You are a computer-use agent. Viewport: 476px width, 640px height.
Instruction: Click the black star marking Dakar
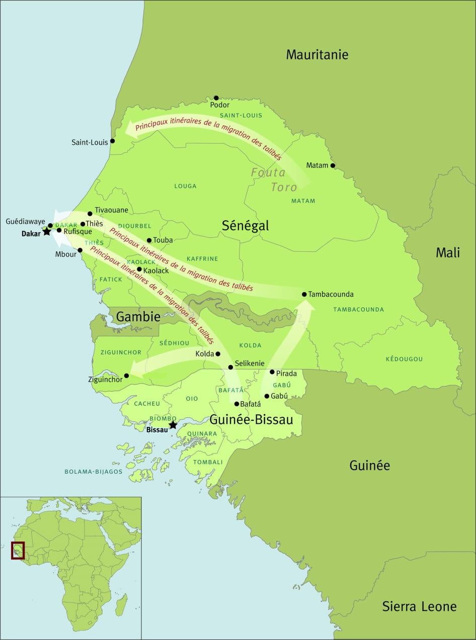click(x=47, y=231)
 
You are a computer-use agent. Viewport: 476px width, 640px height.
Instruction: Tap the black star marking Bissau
click(x=173, y=425)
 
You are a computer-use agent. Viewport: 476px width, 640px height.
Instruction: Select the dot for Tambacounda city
click(x=304, y=294)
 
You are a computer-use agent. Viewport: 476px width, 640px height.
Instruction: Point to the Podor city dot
click(x=216, y=98)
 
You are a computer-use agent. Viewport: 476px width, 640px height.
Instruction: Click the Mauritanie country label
click(x=317, y=54)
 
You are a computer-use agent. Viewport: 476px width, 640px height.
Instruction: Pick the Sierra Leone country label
click(x=419, y=606)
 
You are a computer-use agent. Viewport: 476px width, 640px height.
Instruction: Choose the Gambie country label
click(x=138, y=317)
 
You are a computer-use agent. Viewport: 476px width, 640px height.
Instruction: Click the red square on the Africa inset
click(x=18, y=550)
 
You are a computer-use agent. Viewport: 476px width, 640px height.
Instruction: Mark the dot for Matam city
click(x=332, y=165)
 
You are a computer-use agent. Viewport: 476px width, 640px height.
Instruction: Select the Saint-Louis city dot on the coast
click(x=112, y=141)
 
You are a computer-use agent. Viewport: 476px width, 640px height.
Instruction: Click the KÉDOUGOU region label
click(x=404, y=359)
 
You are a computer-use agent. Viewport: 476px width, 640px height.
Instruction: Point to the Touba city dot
click(x=149, y=240)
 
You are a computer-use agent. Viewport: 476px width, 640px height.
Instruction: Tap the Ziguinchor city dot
click(x=127, y=376)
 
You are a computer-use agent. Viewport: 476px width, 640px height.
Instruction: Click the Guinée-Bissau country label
click(x=251, y=419)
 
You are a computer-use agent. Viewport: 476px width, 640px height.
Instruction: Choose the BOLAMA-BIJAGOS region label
click(x=93, y=472)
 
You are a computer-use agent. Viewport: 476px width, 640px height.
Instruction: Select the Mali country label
click(x=447, y=253)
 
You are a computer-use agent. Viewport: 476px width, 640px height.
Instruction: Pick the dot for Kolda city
click(x=218, y=354)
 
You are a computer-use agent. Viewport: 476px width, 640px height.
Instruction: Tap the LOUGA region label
click(x=185, y=186)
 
